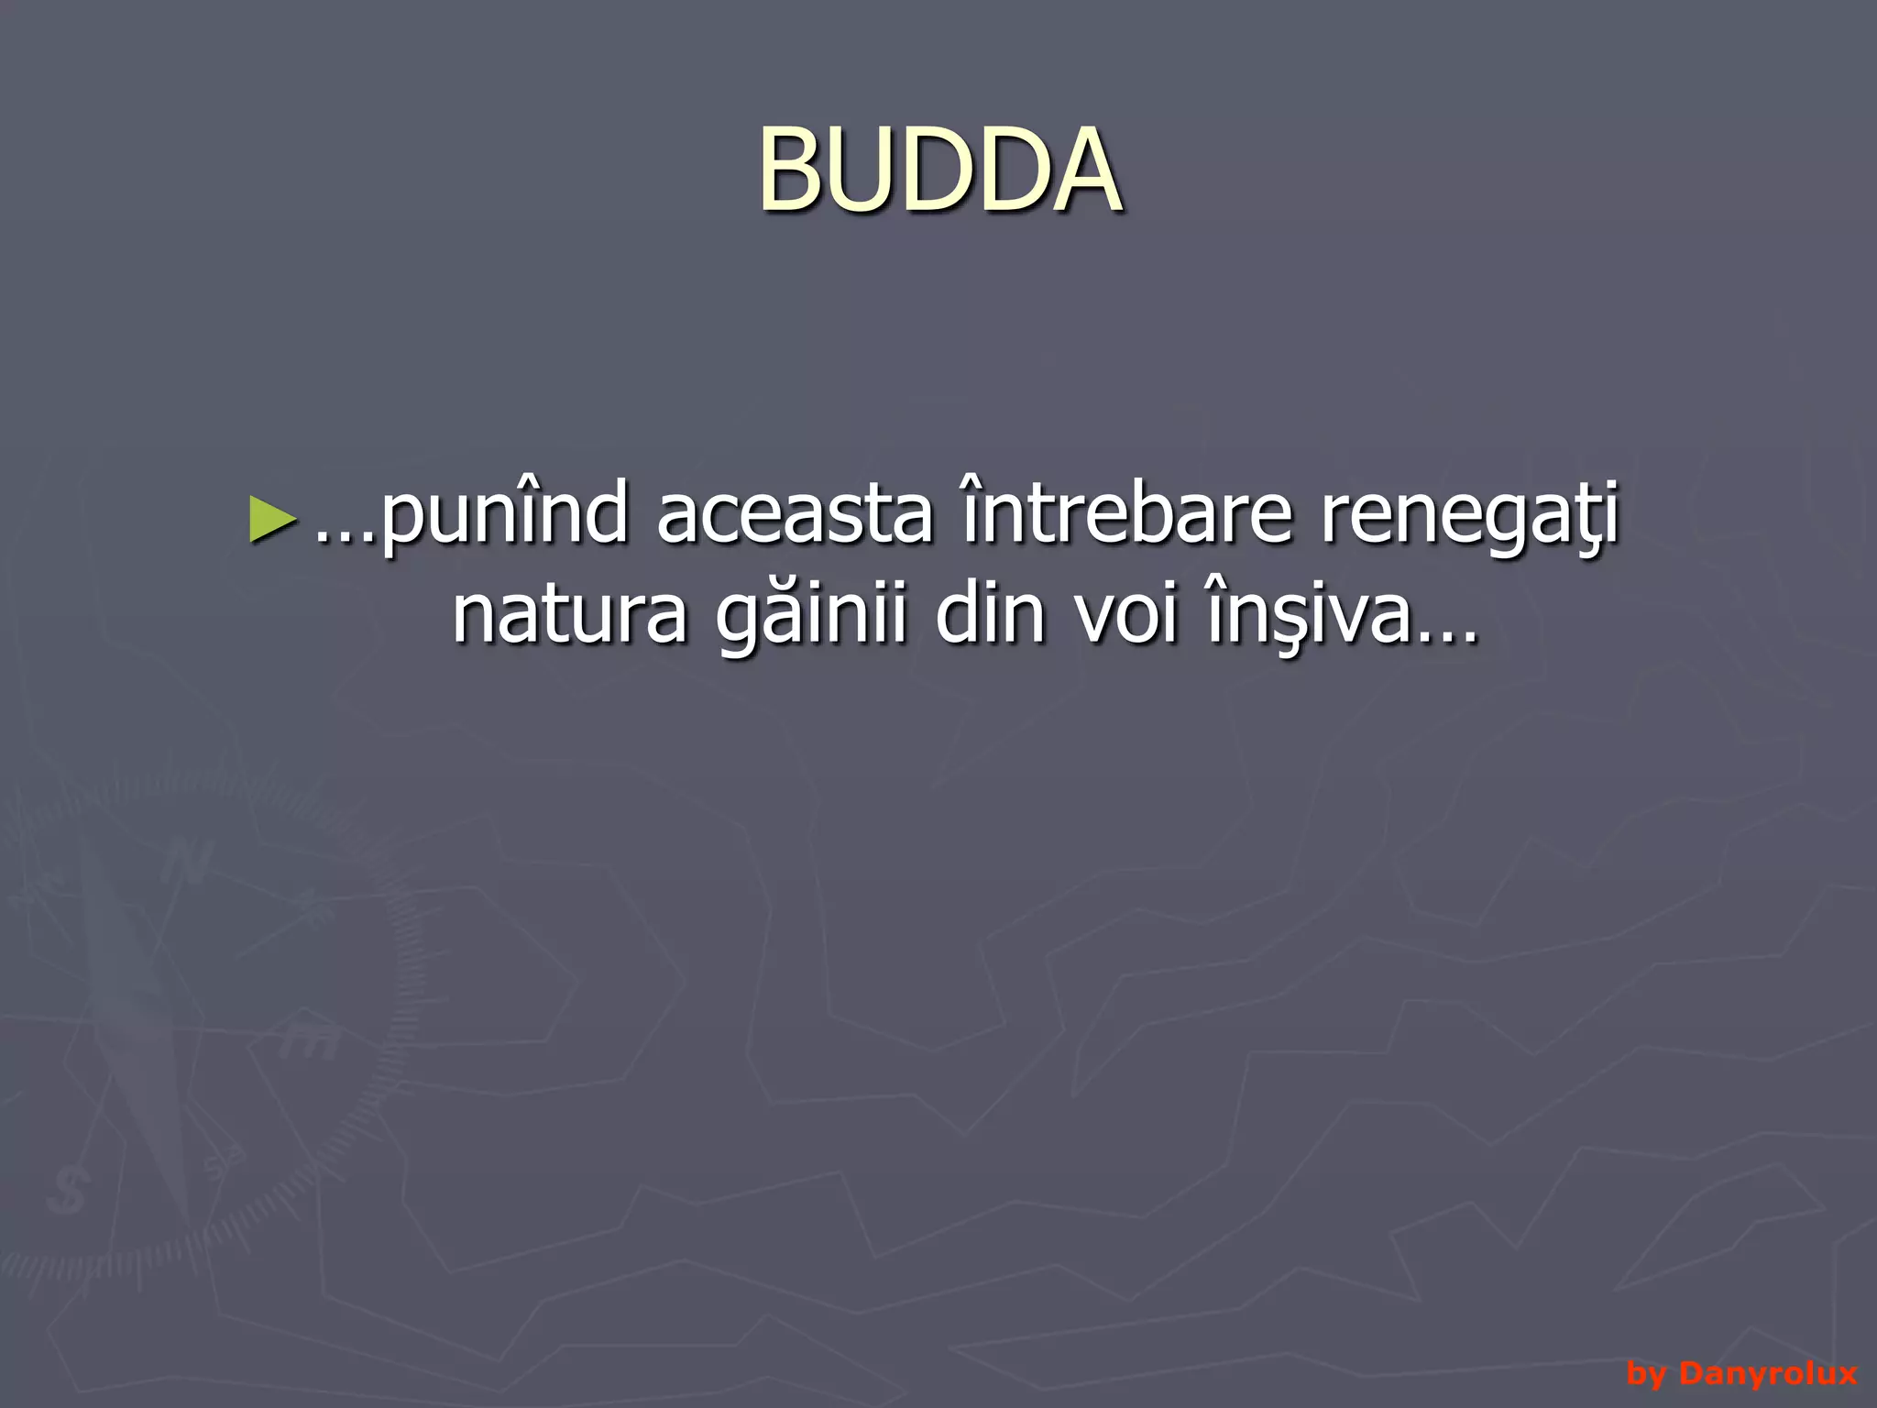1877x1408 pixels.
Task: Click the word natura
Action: pos(569,615)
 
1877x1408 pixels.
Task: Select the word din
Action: pos(991,613)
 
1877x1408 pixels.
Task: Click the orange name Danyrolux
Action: pos(1768,1373)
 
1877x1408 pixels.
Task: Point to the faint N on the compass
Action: pos(188,862)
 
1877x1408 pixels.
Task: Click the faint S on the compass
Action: pos(67,1191)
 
